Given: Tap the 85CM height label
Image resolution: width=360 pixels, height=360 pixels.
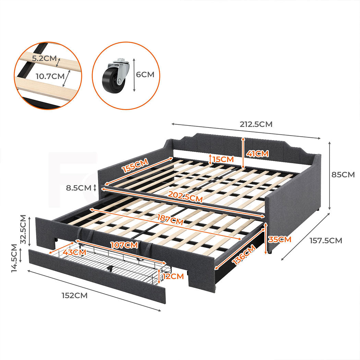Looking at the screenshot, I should coord(343,175).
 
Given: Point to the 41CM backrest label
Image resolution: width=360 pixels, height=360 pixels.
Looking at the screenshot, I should coord(257,154).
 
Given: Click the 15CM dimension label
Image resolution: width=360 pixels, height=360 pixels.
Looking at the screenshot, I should coord(223,159).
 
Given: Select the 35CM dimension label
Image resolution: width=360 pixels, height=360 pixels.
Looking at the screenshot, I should coord(279,239).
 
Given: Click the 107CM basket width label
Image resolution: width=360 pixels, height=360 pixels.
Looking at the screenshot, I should coord(124,245).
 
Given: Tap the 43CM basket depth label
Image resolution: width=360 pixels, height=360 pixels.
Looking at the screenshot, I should coord(75,252).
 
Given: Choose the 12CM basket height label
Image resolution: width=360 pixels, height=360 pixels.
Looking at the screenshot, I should coord(173,276).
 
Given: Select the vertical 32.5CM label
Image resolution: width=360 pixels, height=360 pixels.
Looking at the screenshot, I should coord(23,229).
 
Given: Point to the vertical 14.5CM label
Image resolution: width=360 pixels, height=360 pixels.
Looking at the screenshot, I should coord(14,258).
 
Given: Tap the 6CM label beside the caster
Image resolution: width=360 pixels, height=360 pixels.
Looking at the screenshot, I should coord(145,74).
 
